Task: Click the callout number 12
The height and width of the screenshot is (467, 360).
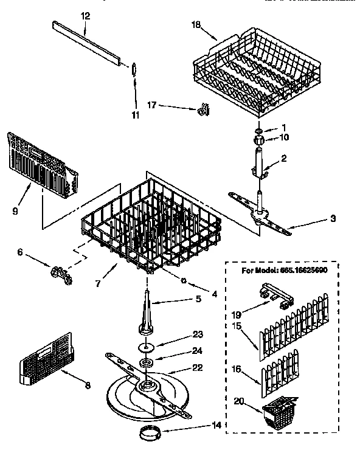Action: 85,14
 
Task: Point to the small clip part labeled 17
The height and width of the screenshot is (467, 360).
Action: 204,109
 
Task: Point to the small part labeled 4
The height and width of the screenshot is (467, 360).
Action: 183,280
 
